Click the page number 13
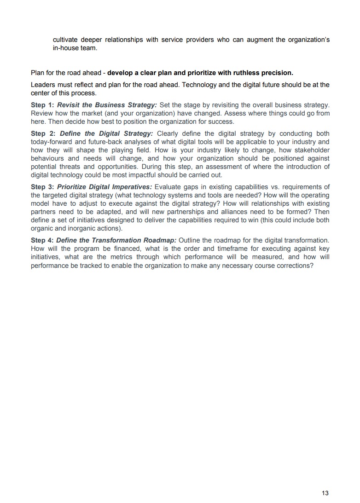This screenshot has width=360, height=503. tap(325, 493)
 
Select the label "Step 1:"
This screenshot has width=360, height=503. tap(42, 105)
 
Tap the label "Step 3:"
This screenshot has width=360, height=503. tap(42, 186)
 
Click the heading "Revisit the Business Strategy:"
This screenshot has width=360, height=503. tap(107, 105)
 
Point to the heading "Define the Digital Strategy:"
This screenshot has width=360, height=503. tap(106, 133)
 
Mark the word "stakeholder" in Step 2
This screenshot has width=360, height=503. tap(311, 150)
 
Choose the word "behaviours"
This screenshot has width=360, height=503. tap(48, 158)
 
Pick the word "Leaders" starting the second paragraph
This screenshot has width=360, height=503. tap(43, 85)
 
